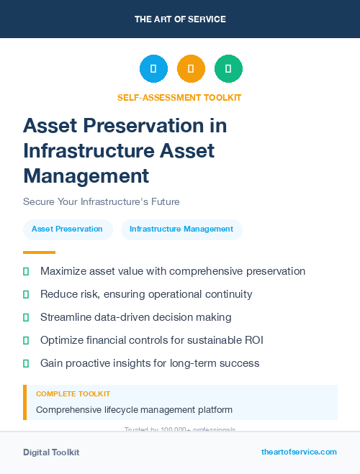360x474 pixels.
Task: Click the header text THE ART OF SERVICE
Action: click(180, 19)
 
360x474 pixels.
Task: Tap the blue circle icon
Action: click(153, 69)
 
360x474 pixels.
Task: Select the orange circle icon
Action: click(191, 69)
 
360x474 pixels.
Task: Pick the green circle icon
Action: click(228, 69)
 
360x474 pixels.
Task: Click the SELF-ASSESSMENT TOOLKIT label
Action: click(179, 97)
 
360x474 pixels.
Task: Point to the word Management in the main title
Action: click(86, 175)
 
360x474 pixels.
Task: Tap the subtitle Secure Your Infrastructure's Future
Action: click(101, 201)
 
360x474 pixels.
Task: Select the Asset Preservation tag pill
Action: click(67, 229)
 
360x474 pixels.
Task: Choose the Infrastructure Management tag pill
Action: click(181, 229)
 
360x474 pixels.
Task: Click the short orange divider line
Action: click(39, 252)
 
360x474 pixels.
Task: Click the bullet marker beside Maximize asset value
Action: click(26, 271)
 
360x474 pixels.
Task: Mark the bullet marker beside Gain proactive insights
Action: click(26, 363)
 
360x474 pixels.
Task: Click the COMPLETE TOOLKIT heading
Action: click(73, 394)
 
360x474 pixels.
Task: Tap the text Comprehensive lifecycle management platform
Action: click(134, 410)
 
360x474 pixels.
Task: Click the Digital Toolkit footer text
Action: click(51, 452)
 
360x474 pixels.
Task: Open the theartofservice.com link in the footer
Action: click(299, 452)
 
